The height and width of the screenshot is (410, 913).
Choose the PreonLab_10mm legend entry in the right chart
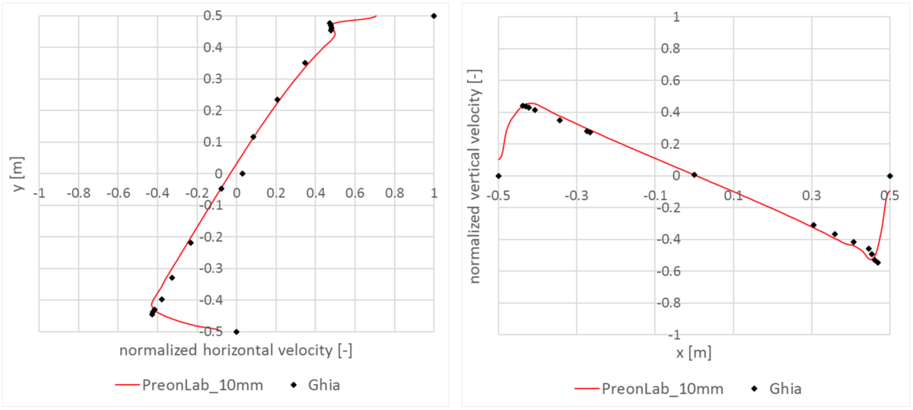[649, 389]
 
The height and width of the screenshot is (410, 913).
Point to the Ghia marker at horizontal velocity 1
[434, 16]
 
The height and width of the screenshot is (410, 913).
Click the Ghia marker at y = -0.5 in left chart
[236, 332]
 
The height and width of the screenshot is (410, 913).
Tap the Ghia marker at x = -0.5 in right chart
[498, 176]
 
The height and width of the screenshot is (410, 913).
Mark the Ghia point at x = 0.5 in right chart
[889, 176]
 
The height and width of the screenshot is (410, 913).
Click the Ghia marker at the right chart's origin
[694, 175]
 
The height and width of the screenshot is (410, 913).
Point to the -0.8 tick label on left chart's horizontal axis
[78, 193]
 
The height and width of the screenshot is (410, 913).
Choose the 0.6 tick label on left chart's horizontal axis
[355, 193]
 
